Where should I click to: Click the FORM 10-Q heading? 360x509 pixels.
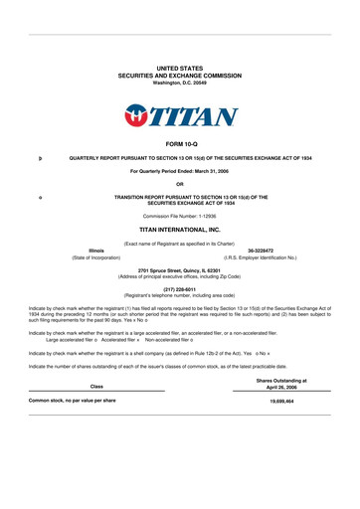click(x=180, y=145)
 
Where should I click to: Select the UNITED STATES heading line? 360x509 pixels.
click(x=180, y=66)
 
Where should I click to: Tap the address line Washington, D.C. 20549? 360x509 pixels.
click(x=180, y=82)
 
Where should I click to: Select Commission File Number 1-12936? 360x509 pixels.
click(x=180, y=216)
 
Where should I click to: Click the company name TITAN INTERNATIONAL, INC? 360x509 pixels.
click(x=180, y=229)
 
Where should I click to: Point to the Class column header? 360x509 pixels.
click(x=96, y=386)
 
